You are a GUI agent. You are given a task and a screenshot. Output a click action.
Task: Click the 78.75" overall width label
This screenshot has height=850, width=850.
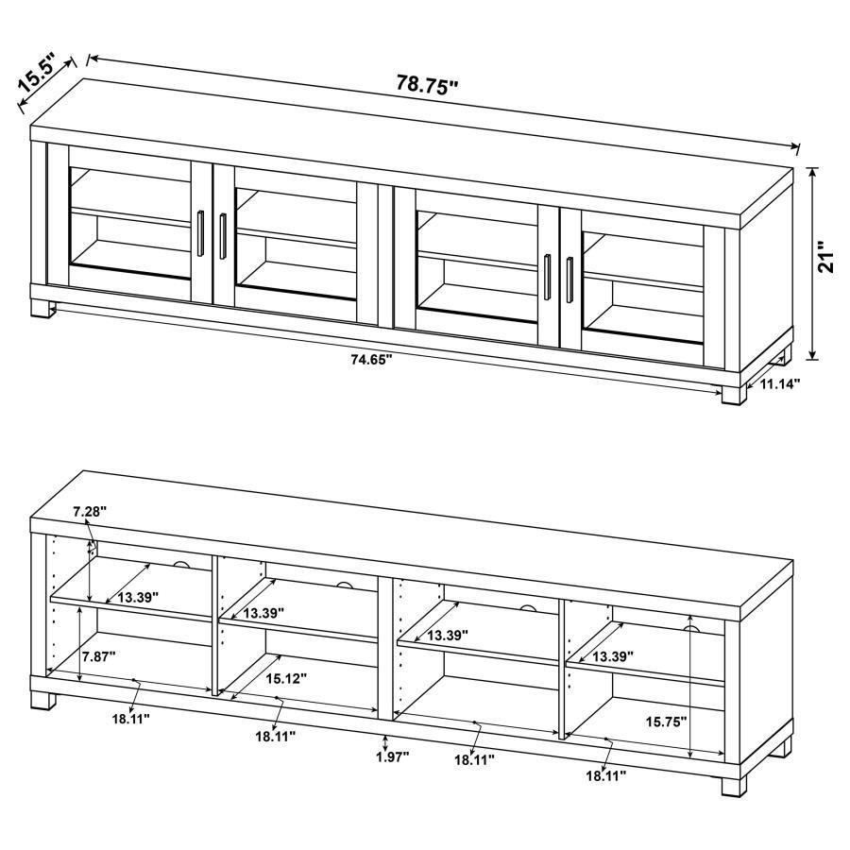pos(427,84)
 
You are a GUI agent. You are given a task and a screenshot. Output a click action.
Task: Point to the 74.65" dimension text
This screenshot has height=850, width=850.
pos(370,359)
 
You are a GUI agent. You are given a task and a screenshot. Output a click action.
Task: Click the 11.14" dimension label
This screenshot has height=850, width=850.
pos(780,384)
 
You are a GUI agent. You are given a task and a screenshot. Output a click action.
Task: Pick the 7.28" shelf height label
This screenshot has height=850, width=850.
pos(90,511)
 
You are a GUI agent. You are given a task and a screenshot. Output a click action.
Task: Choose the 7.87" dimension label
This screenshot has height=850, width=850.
pos(98,656)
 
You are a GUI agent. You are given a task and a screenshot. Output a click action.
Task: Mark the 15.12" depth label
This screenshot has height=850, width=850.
pos(286,677)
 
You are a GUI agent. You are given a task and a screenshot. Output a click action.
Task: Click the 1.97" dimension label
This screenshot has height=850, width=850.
pos(391,756)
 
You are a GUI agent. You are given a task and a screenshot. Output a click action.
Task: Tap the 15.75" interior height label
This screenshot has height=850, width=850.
pos(666,721)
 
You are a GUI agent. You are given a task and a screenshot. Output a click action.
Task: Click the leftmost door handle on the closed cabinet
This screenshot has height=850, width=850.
pos(202,233)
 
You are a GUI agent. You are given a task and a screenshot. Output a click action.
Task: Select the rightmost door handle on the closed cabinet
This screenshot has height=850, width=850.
pos(569,275)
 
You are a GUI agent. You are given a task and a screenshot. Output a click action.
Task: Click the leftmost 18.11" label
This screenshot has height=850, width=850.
pos(131,718)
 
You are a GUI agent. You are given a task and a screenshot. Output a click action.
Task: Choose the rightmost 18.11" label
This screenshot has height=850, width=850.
pos(605,775)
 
